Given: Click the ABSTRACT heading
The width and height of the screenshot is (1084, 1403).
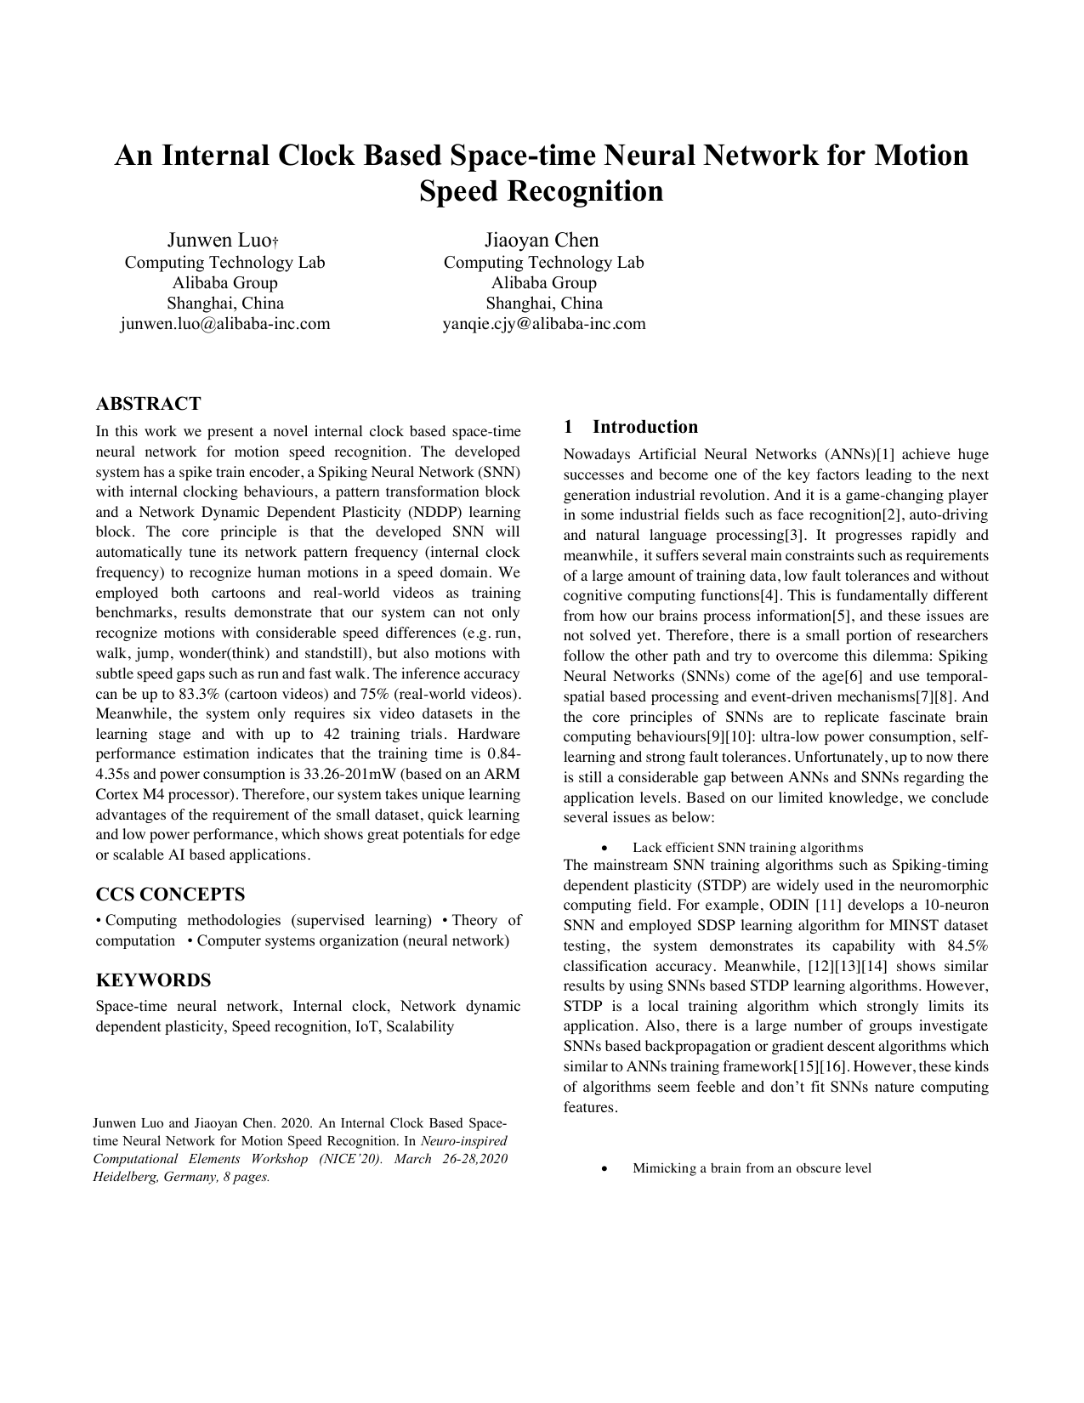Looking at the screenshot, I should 148,403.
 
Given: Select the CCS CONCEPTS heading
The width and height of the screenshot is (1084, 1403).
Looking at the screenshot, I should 170,895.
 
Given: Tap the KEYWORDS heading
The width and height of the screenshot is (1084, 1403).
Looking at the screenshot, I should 153,980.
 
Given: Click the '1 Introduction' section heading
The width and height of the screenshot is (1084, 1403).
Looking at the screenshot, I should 630,427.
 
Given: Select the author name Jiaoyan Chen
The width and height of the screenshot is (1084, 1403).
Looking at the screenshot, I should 542,240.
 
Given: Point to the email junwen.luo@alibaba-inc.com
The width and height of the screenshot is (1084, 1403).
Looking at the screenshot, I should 224,323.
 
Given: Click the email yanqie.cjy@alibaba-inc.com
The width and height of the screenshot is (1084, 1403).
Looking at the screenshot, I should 543,323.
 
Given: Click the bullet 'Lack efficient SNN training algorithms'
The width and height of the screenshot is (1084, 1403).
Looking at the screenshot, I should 747,848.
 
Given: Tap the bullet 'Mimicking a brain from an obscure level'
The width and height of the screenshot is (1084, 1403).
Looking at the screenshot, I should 752,1168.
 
